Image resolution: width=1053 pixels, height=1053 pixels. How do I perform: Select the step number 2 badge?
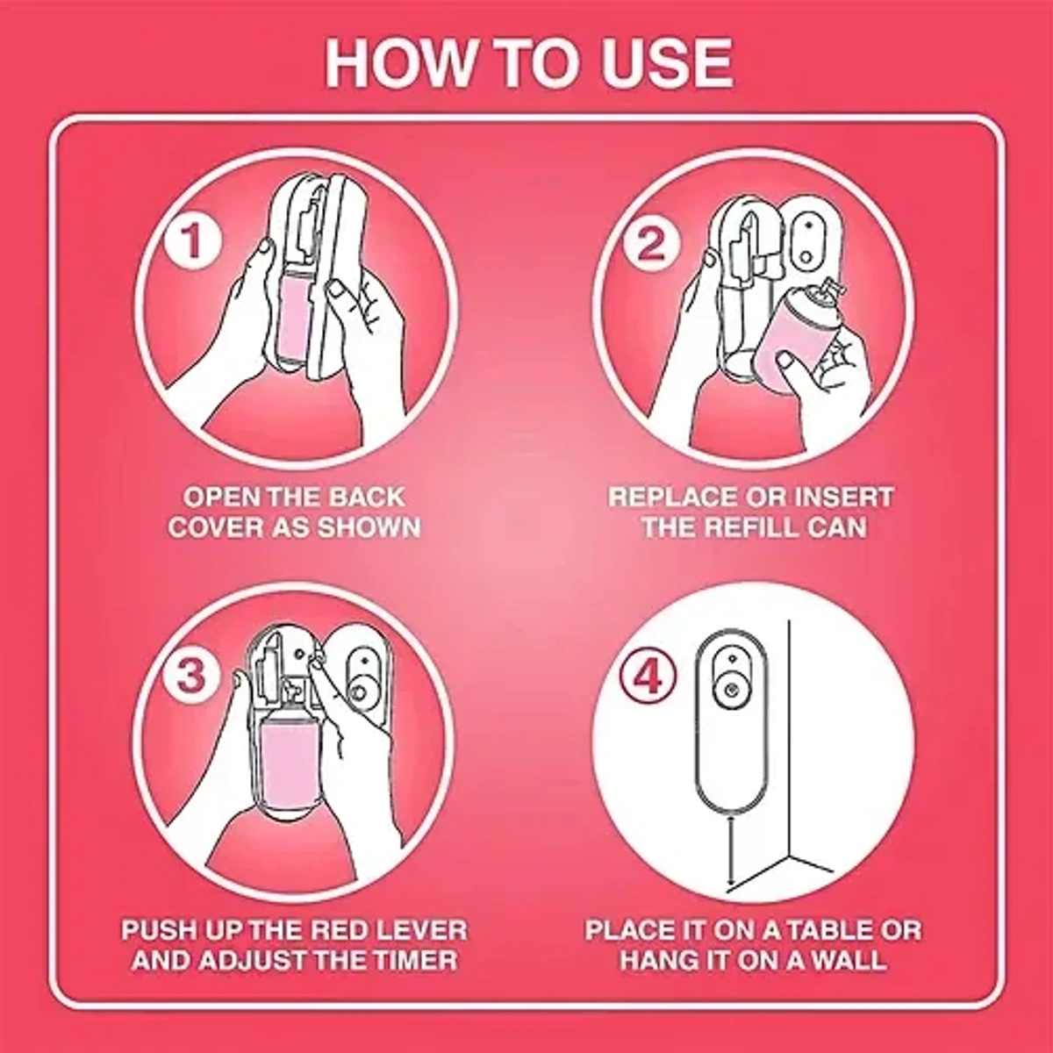[651, 242]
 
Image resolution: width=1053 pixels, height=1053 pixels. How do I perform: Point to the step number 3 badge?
[192, 676]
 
